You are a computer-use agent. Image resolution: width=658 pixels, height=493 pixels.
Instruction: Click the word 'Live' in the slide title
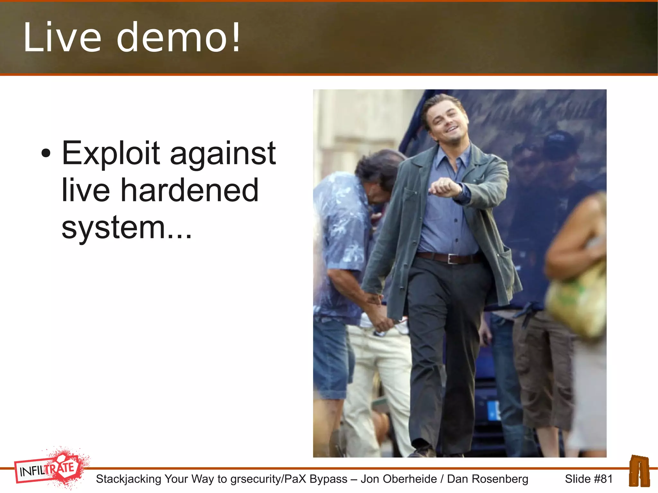62,37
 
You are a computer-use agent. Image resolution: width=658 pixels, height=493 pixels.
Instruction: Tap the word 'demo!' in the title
179,37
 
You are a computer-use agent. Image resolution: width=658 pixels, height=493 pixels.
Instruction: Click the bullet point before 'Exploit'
46,153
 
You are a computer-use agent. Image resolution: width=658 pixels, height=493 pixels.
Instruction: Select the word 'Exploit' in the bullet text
111,154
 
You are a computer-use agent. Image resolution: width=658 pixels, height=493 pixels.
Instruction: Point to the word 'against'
223,154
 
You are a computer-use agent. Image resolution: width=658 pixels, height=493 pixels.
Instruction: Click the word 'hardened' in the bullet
189,190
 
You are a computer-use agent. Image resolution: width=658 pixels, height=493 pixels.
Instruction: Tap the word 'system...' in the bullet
127,227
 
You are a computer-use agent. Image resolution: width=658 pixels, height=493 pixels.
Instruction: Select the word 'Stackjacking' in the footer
129,479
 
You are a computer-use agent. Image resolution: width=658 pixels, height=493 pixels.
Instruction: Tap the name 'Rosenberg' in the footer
488,479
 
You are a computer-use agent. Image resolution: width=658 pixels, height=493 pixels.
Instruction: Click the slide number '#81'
603,479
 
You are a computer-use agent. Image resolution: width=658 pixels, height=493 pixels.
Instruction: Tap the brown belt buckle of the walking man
453,258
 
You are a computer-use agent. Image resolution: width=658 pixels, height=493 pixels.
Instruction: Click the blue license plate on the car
493,410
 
